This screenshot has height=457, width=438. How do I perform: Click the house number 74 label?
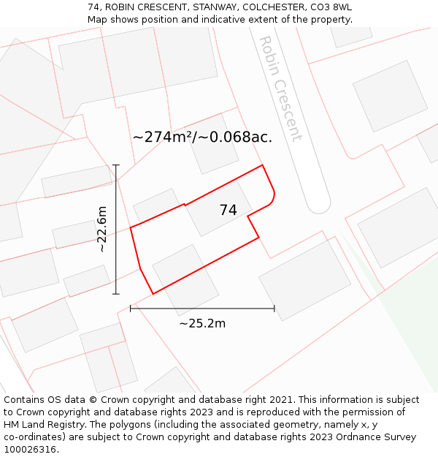tap(228, 210)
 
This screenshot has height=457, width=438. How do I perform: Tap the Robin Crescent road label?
tap(280, 89)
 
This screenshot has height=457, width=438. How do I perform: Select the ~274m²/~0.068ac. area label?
tap(202, 137)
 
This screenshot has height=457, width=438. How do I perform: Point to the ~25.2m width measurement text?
tap(202, 323)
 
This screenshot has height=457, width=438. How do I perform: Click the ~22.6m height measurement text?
tap(102, 230)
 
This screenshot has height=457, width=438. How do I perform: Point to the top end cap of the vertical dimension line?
tap(115, 165)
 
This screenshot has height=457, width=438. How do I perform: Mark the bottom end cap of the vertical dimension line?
tap(115, 294)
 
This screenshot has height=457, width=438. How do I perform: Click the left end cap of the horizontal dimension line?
tap(131, 309)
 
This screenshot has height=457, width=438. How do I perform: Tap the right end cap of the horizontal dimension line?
tap(274, 309)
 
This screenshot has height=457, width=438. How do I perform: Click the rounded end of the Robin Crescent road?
tap(319, 204)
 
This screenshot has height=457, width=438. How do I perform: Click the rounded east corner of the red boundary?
tap(273, 197)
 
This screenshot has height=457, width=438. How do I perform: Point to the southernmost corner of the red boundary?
tap(153, 293)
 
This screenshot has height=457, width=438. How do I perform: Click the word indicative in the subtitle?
tap(223, 19)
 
